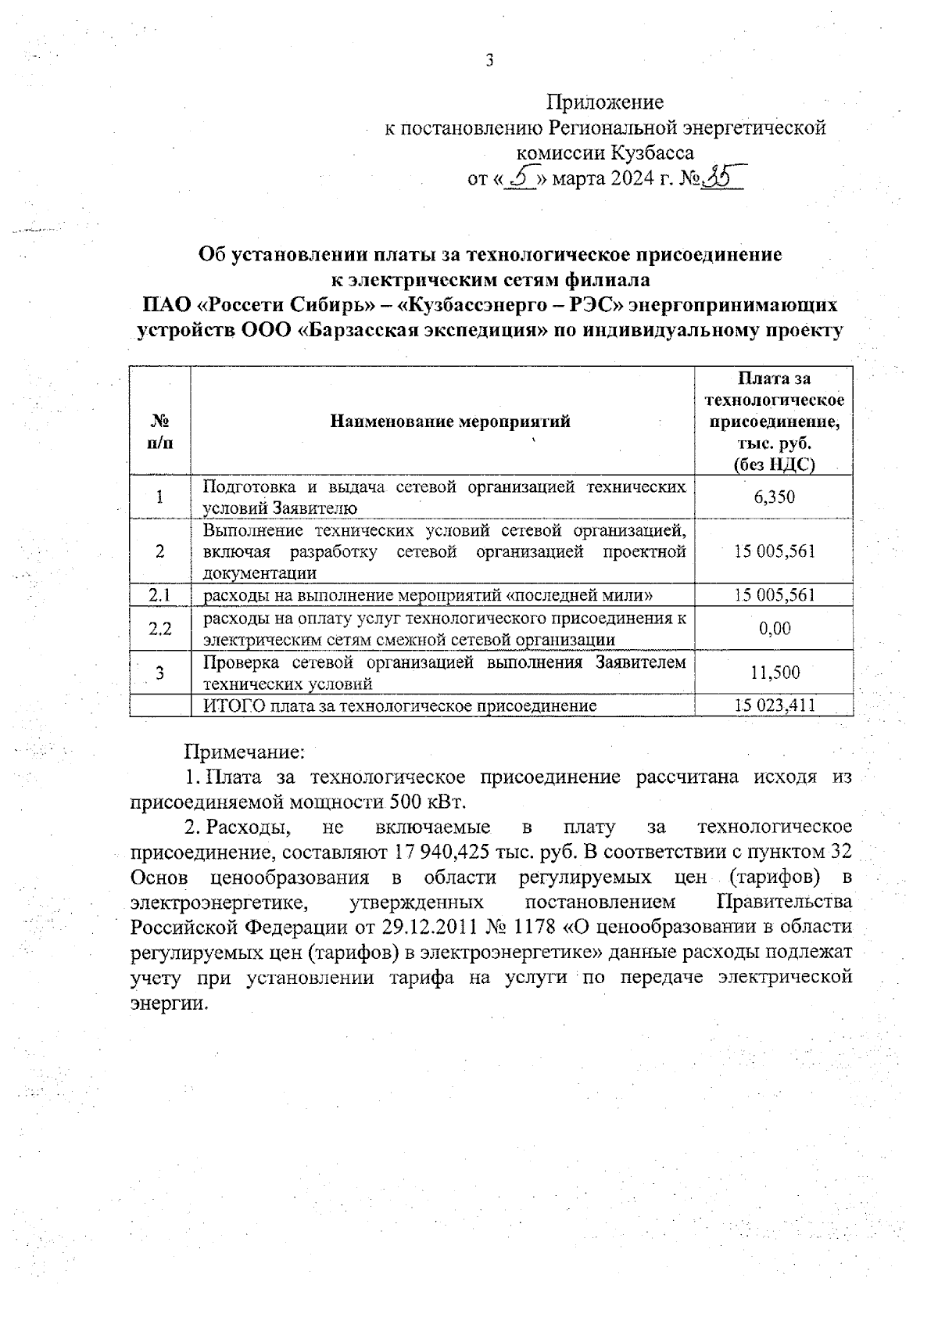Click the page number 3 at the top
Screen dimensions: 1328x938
click(x=489, y=61)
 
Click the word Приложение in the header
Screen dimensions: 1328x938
click(x=604, y=102)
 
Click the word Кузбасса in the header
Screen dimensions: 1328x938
click(x=653, y=153)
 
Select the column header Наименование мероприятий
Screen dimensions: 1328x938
click(x=450, y=422)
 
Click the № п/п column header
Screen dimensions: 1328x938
click(x=160, y=431)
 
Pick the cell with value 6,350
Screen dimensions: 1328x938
click(x=775, y=497)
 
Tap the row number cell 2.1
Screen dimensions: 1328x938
click(x=159, y=595)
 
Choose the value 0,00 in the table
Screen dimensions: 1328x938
click(x=775, y=628)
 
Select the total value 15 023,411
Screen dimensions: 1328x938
click(x=775, y=705)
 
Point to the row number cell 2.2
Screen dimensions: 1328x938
click(x=159, y=629)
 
